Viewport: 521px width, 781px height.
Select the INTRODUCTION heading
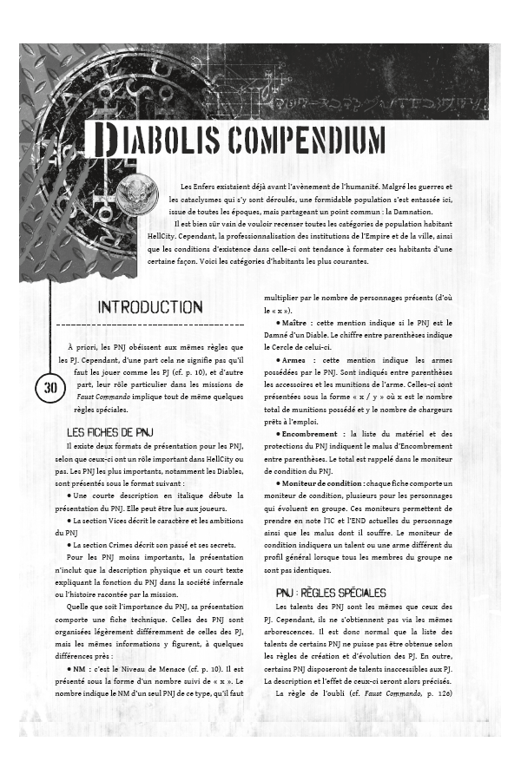(x=149, y=307)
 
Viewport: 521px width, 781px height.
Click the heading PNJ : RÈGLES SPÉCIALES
(x=325, y=593)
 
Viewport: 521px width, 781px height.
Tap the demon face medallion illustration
(x=136, y=189)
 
